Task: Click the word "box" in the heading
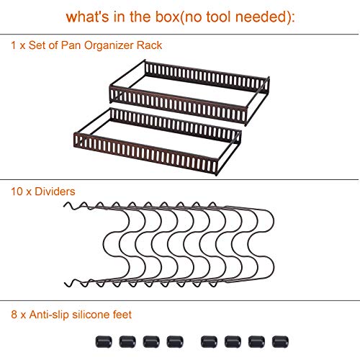point(167,17)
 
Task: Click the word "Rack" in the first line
point(149,45)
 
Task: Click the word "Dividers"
point(55,192)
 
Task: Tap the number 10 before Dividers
point(17,192)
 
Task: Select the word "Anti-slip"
point(49,315)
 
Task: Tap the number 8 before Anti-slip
point(14,315)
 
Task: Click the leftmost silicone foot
point(104,342)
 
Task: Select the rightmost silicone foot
point(280,342)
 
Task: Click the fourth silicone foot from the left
point(175,342)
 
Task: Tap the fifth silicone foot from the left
point(209,342)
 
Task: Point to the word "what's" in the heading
point(88,17)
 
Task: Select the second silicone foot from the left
point(127,342)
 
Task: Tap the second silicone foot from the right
point(256,342)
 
